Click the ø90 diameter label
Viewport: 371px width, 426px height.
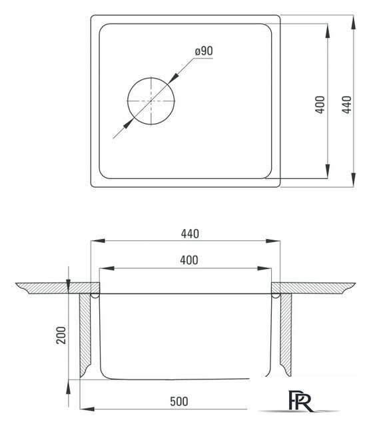coord(204,51)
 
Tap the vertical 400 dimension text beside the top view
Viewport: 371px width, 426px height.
coord(320,105)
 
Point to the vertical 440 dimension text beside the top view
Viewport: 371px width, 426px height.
coord(347,105)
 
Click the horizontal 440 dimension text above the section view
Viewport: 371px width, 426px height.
coord(190,234)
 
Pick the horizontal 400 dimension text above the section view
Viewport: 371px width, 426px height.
coord(189,260)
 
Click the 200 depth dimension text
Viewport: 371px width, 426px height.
coord(61,335)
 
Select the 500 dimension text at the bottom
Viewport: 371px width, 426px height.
coord(179,401)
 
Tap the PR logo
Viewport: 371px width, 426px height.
coord(300,401)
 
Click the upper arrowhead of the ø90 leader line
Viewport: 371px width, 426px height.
coord(173,79)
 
